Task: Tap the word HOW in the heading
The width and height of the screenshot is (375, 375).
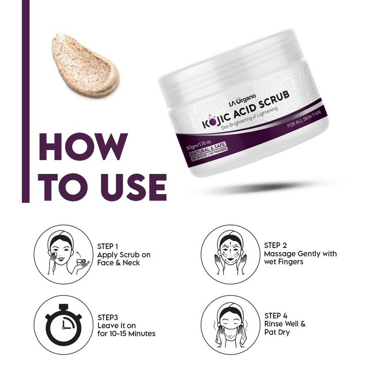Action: pos(83,146)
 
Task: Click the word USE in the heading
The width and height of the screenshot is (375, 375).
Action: pos(133,187)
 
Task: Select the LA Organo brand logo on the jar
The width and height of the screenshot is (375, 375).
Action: pos(242,100)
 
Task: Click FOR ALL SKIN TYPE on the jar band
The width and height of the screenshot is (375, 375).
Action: pos(304,119)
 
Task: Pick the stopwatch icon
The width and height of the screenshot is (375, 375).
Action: pos(64,324)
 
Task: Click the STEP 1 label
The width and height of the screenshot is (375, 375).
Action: pos(108,246)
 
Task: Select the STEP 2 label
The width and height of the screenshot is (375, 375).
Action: pos(275,245)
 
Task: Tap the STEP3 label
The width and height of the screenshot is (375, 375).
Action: pos(108,318)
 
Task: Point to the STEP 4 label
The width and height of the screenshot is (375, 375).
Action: pos(276,316)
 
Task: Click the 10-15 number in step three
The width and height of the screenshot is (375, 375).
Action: pos(120,334)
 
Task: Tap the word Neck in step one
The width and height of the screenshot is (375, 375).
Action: pos(131,263)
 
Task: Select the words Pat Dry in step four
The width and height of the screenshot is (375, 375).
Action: pos(277,333)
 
